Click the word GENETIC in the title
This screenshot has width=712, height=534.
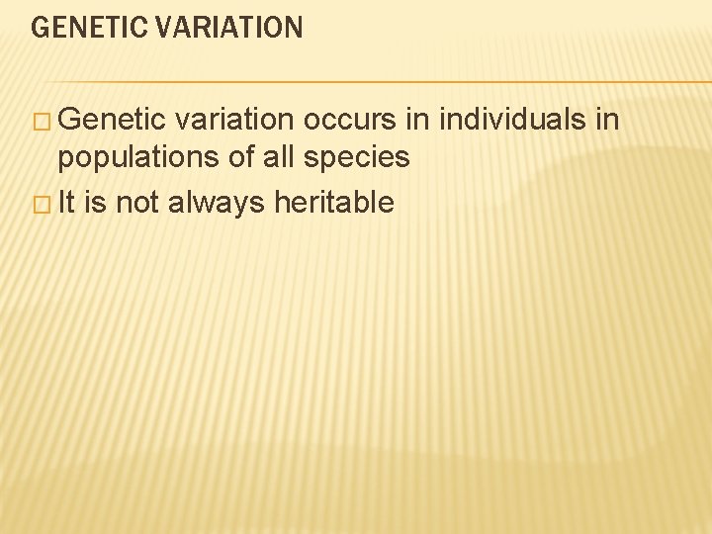pos(87,27)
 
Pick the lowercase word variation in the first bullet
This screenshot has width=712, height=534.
pos(235,121)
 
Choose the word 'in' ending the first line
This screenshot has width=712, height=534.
pos(606,121)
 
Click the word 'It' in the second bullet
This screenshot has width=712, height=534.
pos(66,204)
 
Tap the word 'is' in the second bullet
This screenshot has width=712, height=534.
pos(95,204)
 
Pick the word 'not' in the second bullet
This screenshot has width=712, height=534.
pos(137,204)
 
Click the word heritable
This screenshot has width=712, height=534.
pos(334,204)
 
